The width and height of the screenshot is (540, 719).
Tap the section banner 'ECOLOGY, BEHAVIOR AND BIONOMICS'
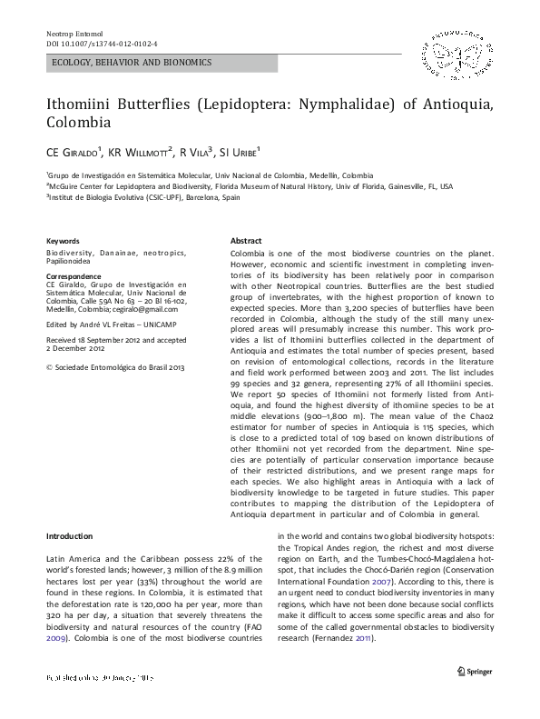pyautogui.click(x=132, y=63)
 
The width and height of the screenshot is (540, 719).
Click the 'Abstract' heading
pyautogui.click(x=247, y=240)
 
